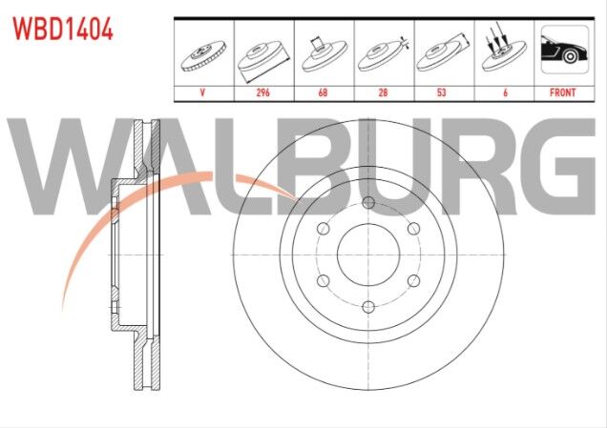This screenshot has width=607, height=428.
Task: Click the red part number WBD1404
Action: coord(63,29)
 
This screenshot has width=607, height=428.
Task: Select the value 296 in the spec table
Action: coord(262,92)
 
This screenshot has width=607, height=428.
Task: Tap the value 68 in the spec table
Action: coord(323,92)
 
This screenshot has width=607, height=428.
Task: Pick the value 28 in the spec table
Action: coord(383,92)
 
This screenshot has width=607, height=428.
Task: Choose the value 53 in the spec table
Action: coord(442,92)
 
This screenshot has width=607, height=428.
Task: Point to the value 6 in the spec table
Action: coord(505,92)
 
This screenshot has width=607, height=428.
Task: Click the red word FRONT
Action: coord(563,92)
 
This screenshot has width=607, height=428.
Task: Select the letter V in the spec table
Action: coord(202,92)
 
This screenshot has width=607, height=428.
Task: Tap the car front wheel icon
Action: coord(565,50)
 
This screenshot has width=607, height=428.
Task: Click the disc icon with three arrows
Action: coord(504,51)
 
